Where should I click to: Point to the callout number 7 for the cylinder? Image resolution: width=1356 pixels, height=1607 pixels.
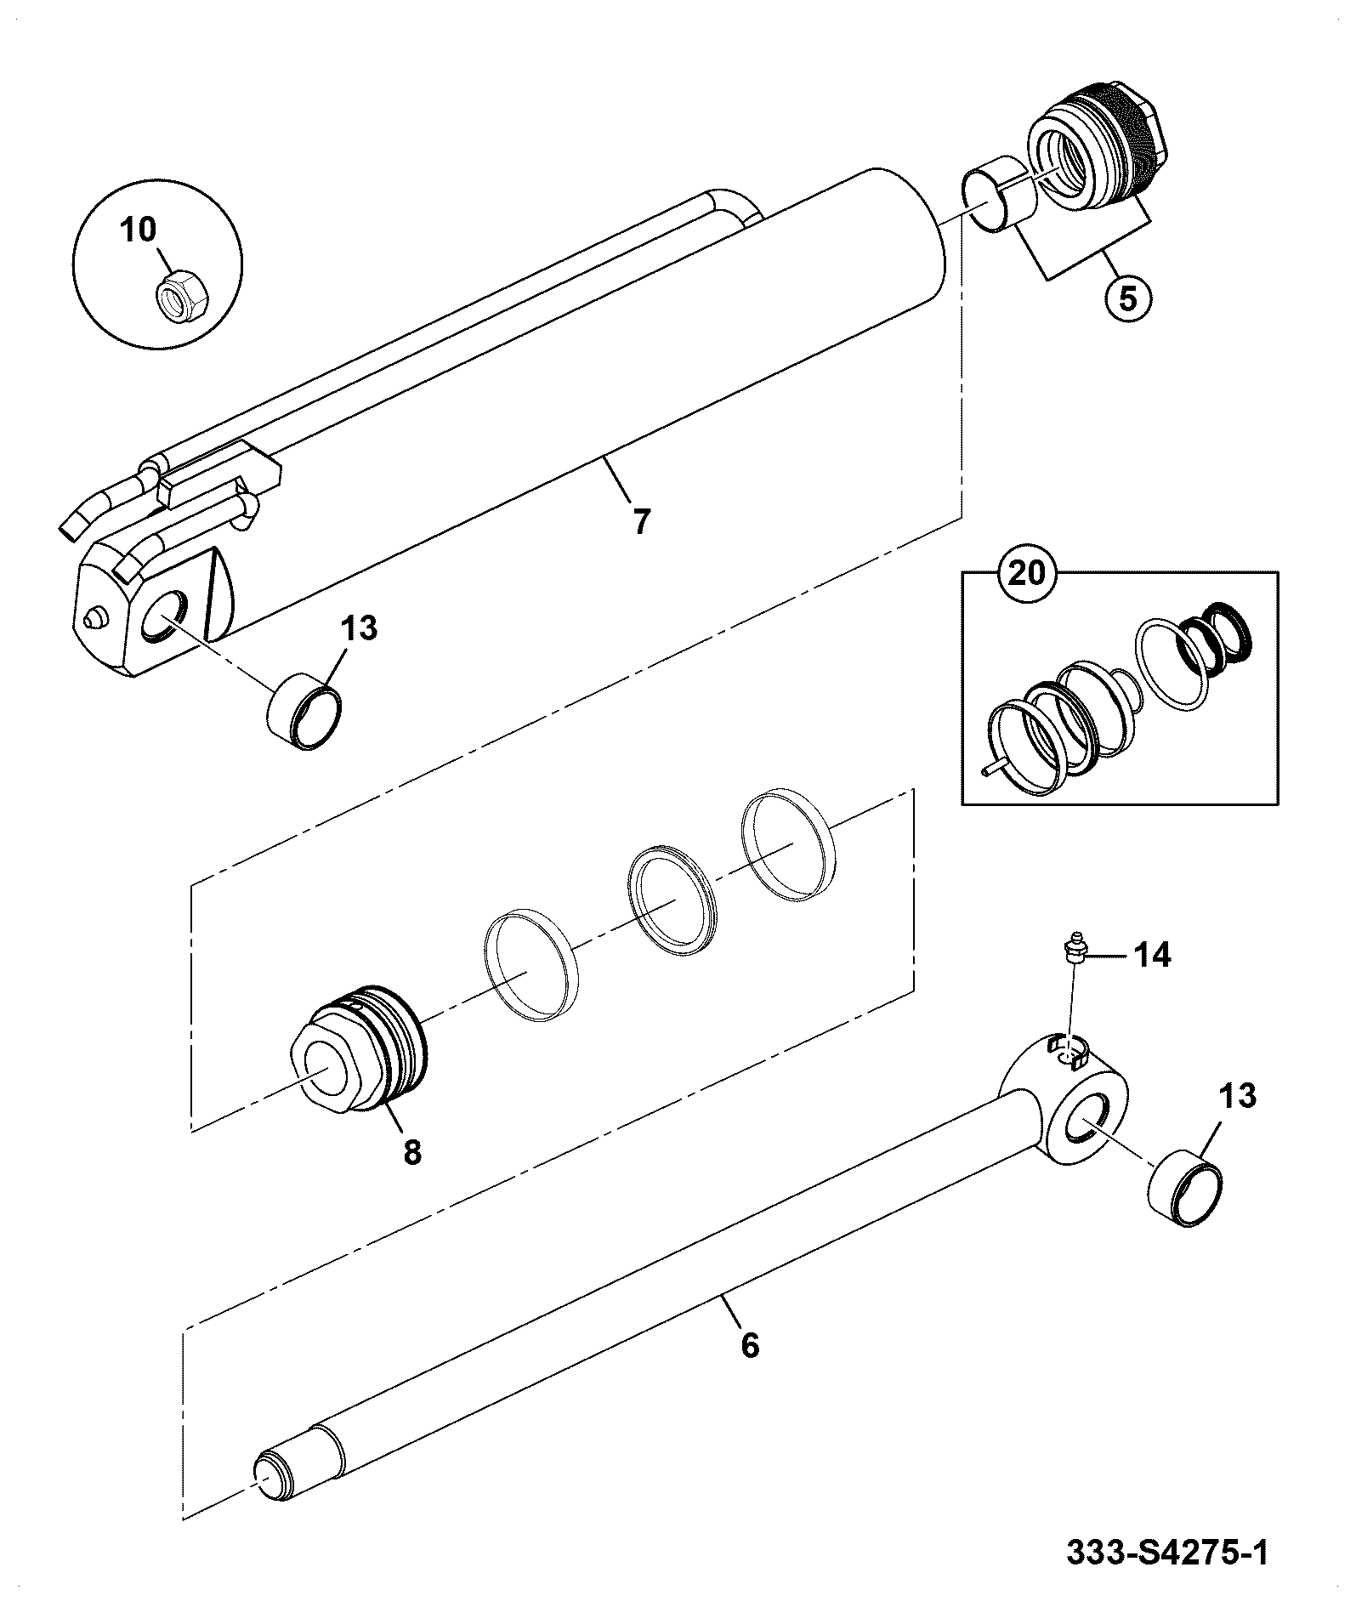[640, 520]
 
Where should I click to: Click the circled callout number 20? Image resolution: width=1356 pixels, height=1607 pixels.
[1026, 572]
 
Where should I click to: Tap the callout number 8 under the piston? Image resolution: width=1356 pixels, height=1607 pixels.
[411, 1152]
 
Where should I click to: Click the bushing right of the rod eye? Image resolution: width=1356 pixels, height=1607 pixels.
[1185, 1188]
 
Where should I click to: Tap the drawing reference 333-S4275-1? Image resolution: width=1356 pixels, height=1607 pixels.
[1166, 1553]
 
